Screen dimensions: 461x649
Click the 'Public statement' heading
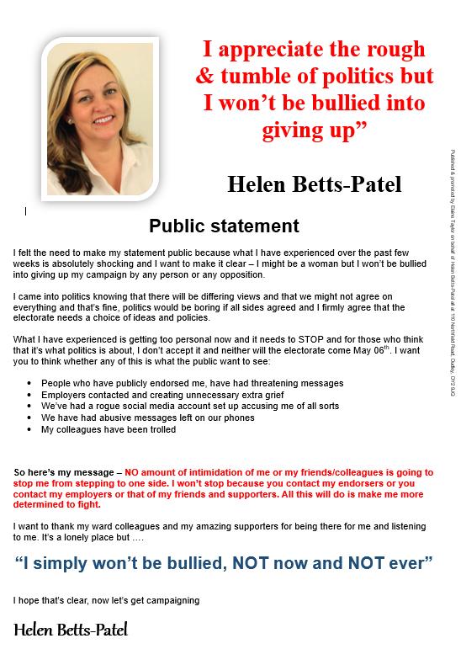[x=224, y=226]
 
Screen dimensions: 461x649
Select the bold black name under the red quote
[x=315, y=184]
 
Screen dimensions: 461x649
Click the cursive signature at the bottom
[x=71, y=629]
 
